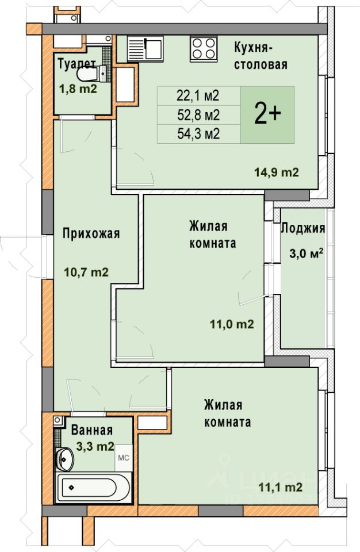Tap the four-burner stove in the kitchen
tap(204, 48)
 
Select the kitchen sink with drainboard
tap(145, 48)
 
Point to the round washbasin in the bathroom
tap(65, 458)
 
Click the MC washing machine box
tap(123, 458)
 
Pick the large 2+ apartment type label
tap(267, 115)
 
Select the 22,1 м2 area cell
tap(199, 95)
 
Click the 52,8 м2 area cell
tap(199, 115)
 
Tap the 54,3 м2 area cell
tap(199, 134)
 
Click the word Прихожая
tap(91, 233)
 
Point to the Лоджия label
tap(302, 228)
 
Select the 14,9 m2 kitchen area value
tap(277, 172)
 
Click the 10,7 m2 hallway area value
tap(86, 272)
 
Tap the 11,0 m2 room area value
tap(232, 324)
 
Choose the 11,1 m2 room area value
tap(281, 487)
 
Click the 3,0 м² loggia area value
tap(307, 253)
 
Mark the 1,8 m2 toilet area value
tap(78, 89)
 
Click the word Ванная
tap(92, 430)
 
